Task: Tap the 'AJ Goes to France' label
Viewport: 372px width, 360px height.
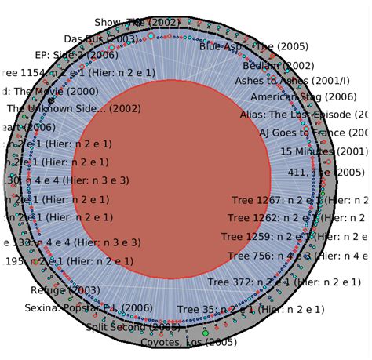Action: pyautogui.click(x=314, y=133)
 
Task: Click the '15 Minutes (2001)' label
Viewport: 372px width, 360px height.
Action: pyautogui.click(x=323, y=151)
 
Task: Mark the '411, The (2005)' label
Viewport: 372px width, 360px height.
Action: pyautogui.click(x=326, y=172)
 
